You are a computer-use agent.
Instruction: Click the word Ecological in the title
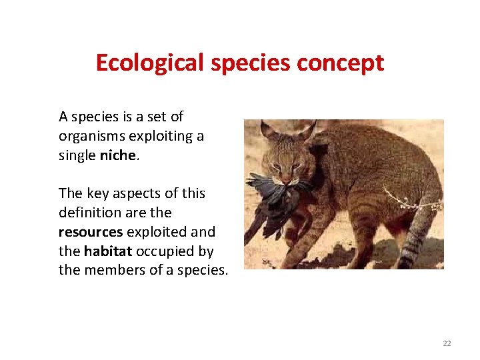coord(150,63)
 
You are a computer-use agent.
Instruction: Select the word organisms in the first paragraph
coord(90,136)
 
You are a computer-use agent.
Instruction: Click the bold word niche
coord(117,155)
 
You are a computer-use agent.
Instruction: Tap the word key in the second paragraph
coord(97,193)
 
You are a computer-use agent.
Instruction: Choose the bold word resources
coord(90,232)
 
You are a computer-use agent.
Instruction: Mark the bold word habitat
coord(105,251)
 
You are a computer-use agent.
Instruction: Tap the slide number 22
coord(447,343)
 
